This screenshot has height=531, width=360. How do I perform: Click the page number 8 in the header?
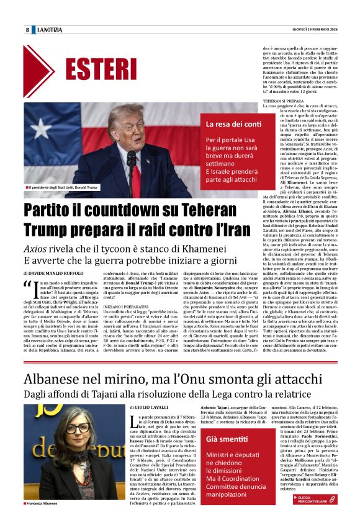click(x=27, y=30)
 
